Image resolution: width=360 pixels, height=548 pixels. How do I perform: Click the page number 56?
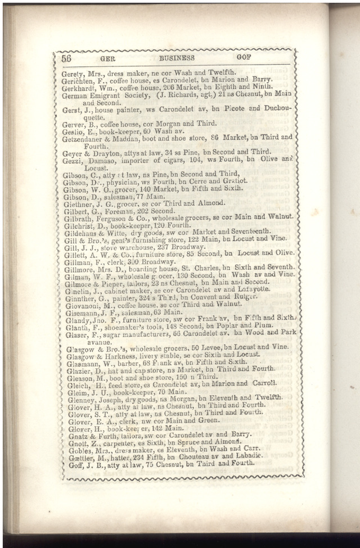66,58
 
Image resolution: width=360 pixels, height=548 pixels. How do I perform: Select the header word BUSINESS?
177,57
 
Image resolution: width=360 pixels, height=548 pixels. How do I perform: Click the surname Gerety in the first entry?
73,73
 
